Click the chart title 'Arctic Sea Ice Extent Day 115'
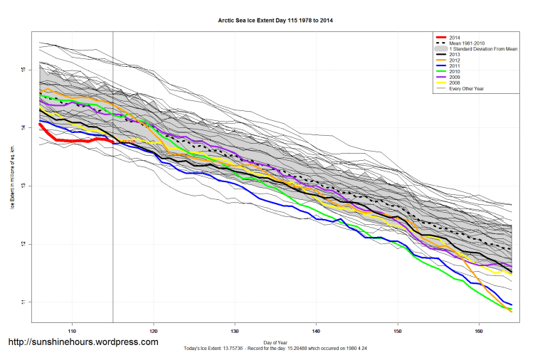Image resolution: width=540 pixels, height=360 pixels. (275, 21)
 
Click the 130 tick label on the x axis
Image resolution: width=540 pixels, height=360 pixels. (235, 331)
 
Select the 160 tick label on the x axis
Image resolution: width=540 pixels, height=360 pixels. (479, 331)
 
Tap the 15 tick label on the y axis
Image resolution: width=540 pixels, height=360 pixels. (23, 70)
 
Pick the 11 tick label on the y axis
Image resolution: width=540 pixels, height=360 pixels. (23, 302)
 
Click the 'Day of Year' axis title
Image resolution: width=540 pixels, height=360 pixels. (275, 342)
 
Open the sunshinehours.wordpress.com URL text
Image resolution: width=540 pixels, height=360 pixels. (83, 342)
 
